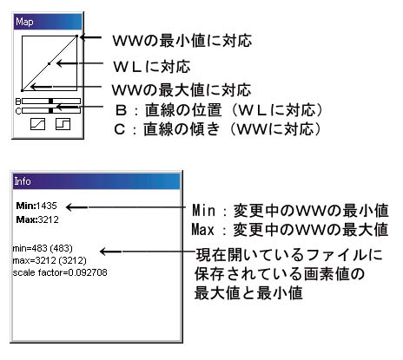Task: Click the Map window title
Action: coord(24,22)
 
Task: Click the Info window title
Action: coord(23,181)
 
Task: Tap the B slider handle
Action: coord(50,101)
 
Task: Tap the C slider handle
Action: coord(50,110)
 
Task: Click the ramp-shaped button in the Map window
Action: coord(37,124)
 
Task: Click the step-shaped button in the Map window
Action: coord(63,124)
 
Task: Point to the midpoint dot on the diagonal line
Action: coord(49,63)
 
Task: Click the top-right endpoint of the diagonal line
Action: coord(76,36)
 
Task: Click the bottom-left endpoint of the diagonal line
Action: coord(23,90)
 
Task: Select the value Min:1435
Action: coord(36,206)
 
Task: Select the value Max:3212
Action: coord(37,219)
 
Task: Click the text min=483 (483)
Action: coord(43,248)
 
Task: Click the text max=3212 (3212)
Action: coord(50,260)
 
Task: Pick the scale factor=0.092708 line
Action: coord(60,272)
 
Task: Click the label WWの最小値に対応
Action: coord(182,41)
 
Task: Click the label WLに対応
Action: coord(152,67)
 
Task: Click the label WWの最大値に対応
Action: coord(182,90)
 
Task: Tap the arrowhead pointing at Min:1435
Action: coord(69,207)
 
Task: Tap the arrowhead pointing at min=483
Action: coord(103,252)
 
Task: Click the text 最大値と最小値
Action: coord(248,293)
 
